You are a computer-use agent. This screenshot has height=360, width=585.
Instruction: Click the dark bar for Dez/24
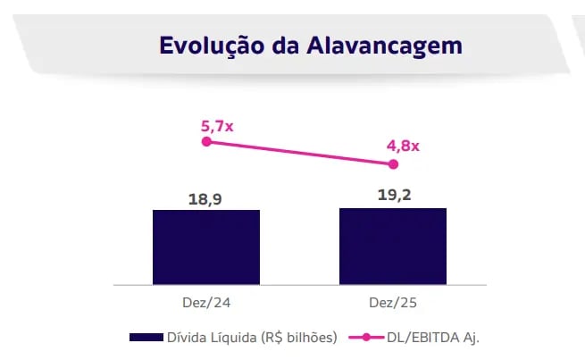pos(206,247)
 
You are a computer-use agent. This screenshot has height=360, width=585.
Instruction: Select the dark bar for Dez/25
pos(393,247)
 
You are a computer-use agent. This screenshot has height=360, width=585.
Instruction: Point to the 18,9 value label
pos(205,198)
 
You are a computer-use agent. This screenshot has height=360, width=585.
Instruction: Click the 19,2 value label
pos(393,196)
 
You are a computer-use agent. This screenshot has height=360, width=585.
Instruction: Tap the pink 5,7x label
pos(217,125)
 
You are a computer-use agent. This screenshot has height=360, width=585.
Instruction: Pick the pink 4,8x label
pos(404,145)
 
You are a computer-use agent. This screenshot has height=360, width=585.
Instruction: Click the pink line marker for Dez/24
pos(206,141)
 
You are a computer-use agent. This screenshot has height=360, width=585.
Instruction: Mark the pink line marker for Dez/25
pos(393,164)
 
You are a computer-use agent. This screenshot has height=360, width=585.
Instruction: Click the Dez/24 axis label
pos(206,303)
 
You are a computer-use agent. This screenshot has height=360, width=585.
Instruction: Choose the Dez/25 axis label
pos(393,303)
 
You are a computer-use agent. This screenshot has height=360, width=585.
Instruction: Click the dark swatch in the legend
pos(145,337)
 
